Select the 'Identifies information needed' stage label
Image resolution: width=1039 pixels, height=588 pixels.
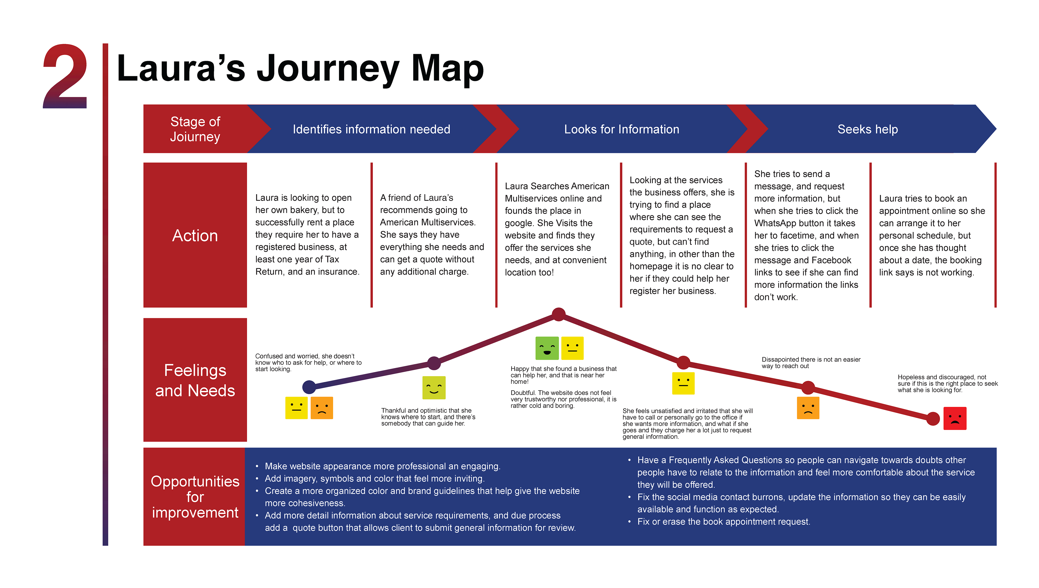(371, 129)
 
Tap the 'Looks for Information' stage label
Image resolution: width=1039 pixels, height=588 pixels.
(621, 129)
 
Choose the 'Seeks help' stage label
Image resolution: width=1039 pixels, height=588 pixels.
(867, 129)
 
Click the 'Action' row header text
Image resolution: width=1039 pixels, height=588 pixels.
(195, 235)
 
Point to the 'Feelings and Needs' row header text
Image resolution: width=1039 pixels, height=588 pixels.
(195, 380)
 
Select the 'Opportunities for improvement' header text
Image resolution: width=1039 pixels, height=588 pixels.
(195, 497)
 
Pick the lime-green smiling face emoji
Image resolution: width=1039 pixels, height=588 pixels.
(434, 387)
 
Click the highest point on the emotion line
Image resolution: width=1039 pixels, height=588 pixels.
(558, 314)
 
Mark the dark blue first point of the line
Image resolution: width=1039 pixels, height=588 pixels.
(309, 387)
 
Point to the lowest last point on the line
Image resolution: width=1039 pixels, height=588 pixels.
(933, 419)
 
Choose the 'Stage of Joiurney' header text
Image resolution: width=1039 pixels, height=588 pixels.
(195, 129)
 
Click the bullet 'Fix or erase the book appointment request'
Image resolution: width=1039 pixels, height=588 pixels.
(724, 521)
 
